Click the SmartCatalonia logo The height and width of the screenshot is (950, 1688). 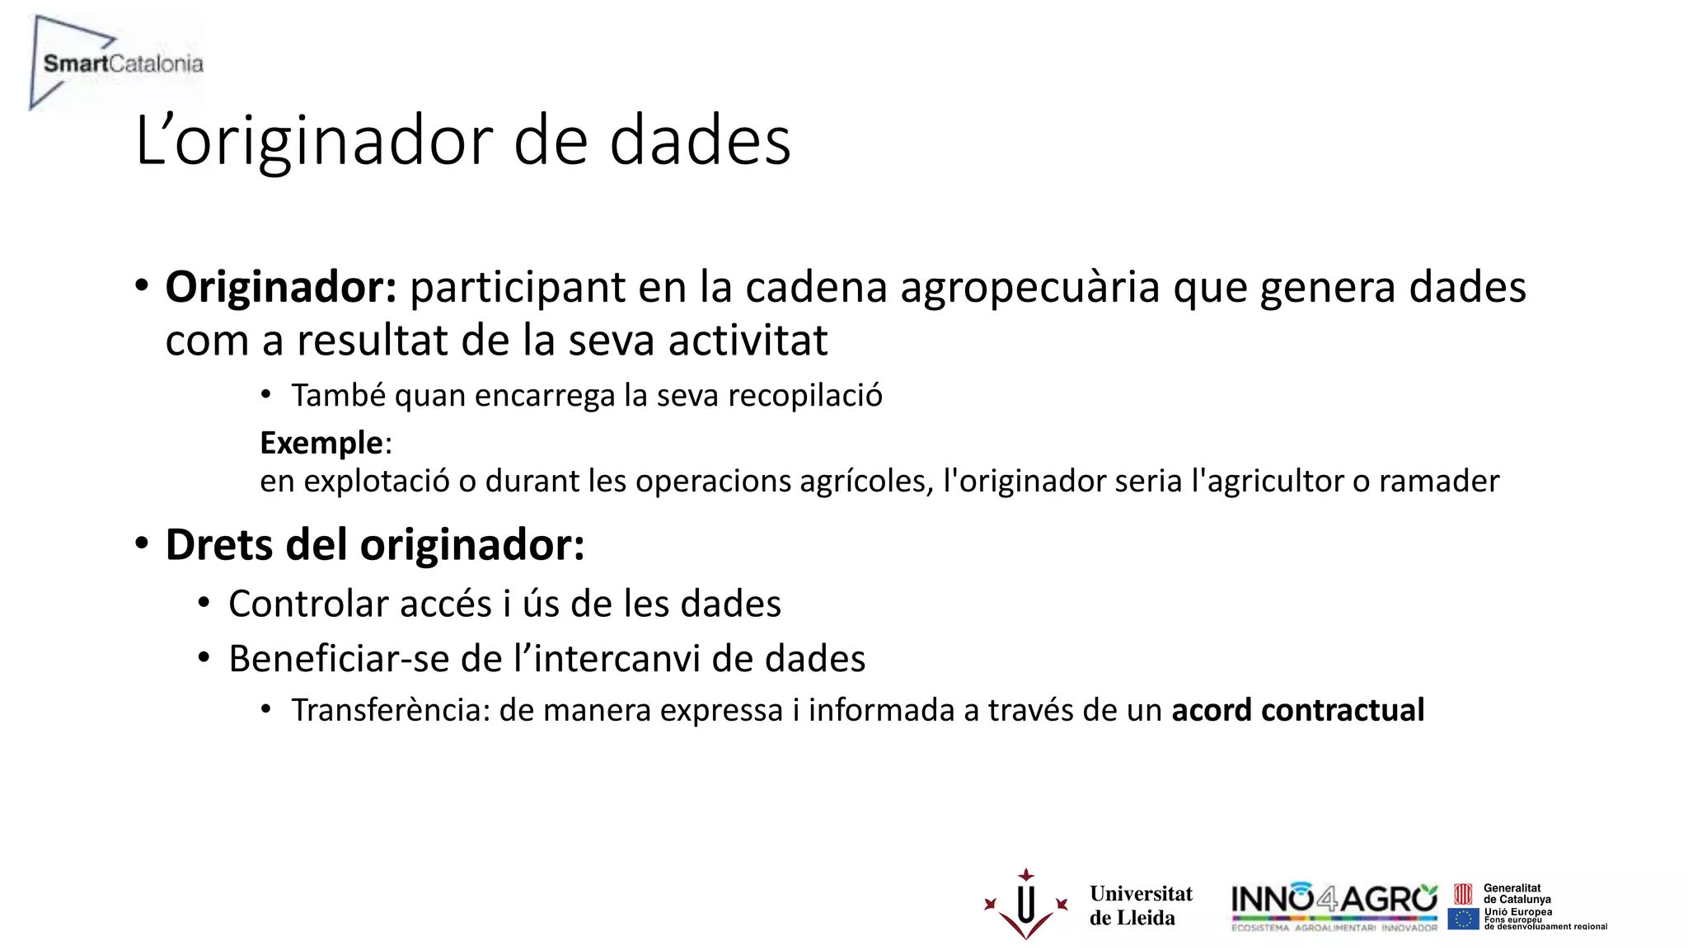point(115,63)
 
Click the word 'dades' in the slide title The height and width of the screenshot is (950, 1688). point(700,140)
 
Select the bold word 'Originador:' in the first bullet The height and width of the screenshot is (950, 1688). point(281,287)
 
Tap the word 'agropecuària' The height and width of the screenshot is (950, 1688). point(1030,287)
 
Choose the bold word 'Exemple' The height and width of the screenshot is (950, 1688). point(321,443)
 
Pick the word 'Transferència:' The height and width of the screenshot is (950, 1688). point(390,710)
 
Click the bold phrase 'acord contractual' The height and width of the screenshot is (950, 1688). point(1297,710)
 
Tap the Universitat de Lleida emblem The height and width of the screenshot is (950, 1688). point(1026,905)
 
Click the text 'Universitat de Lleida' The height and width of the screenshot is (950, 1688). point(1140,905)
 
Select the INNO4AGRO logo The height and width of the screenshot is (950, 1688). point(1334,905)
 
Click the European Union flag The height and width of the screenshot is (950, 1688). point(1463,919)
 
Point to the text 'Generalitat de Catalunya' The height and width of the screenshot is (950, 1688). point(1517,894)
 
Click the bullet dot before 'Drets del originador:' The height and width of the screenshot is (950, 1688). point(142,544)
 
